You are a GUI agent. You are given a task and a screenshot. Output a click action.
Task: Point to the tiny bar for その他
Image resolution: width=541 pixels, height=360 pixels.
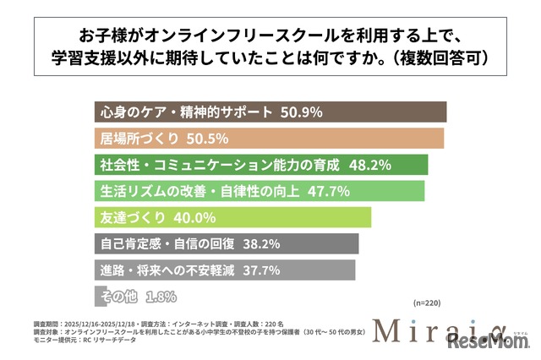(x=95, y=297)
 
